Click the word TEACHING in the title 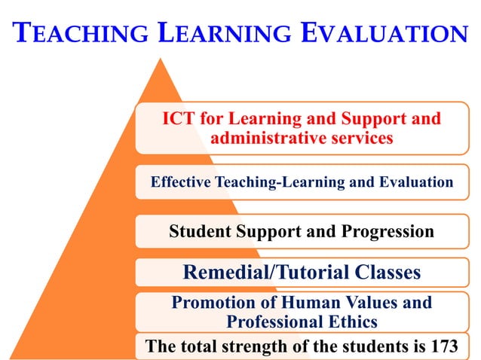(78, 34)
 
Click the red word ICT (179, 119)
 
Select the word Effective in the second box (181, 182)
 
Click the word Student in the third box (198, 231)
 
